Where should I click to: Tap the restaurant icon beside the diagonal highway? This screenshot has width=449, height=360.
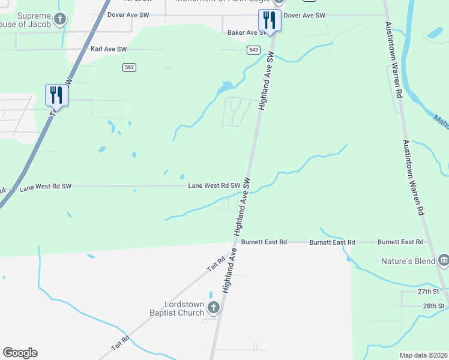point(56,95)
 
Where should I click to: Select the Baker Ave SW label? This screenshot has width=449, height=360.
point(247,32)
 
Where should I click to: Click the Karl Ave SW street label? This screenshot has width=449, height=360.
point(109,49)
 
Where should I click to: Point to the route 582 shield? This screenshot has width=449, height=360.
point(129,67)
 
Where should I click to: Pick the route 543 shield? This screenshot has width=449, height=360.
point(253,50)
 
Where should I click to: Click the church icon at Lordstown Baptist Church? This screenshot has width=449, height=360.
point(213,308)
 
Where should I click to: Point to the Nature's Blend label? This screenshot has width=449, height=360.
point(409,261)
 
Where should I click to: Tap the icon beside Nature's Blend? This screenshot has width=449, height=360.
point(444,260)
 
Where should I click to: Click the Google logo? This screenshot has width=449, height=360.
point(20,353)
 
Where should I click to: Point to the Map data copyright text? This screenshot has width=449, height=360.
point(423,355)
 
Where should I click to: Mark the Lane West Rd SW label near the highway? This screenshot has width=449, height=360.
point(46,187)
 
